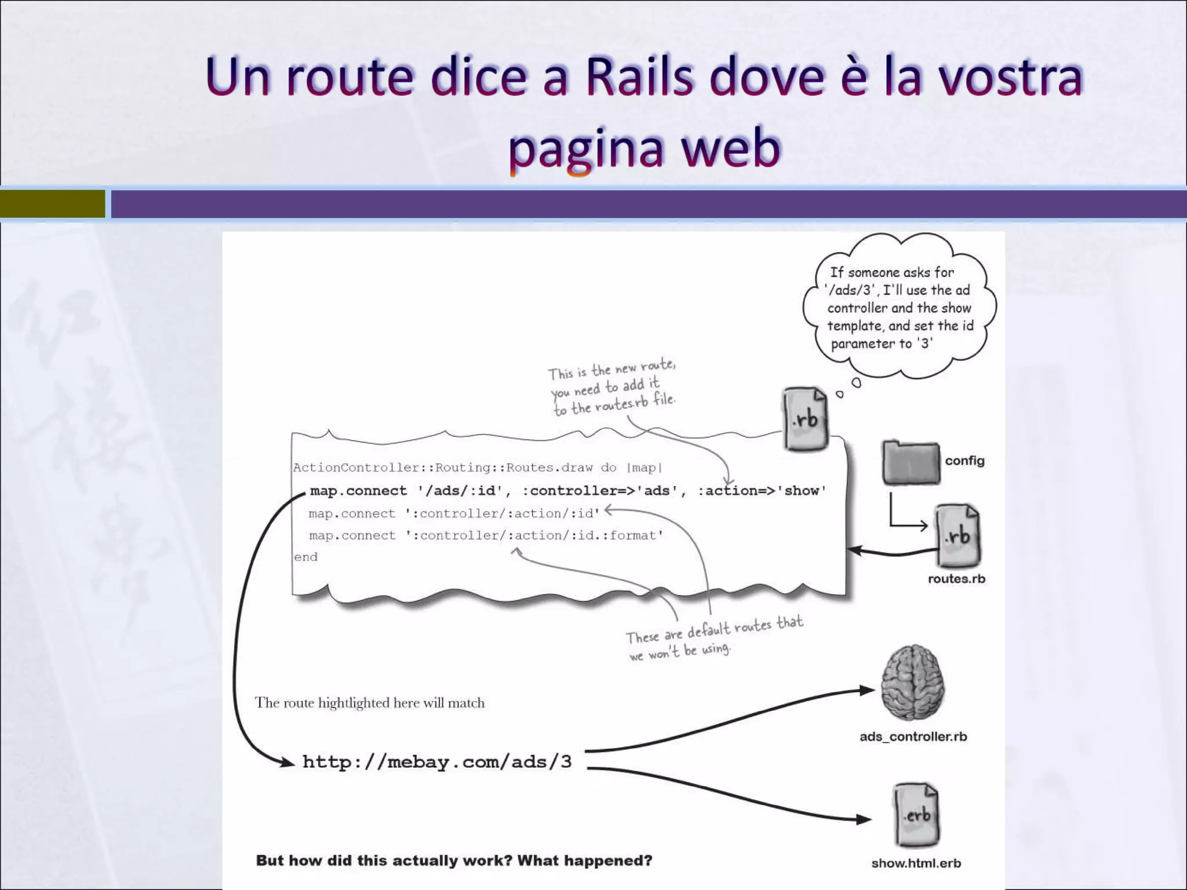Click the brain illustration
[x=912, y=684]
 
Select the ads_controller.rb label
[x=913, y=736]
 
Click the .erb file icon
[x=916, y=815]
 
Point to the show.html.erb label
[x=916, y=863]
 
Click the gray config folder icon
[x=911, y=462]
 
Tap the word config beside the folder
[x=964, y=461]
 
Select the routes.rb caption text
[x=956, y=579]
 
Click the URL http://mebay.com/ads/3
[x=437, y=762]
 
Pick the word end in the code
[x=305, y=557]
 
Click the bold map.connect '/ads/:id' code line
[x=567, y=491]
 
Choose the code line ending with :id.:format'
[x=486, y=535]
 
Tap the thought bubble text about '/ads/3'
[x=900, y=308]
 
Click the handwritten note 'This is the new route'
[x=612, y=387]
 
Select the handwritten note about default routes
[x=713, y=638]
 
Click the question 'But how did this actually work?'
[x=454, y=860]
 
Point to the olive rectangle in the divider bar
[x=52, y=204]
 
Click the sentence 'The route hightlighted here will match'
[x=369, y=703]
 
